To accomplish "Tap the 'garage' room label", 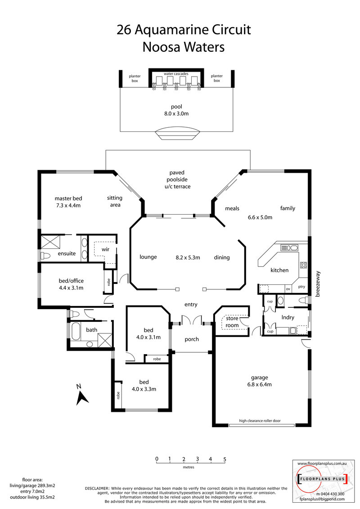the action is click(259, 378).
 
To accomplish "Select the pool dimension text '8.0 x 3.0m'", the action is click(176, 113).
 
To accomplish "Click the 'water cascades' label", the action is click(176, 74).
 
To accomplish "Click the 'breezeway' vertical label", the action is click(318, 284).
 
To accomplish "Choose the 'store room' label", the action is click(232, 322).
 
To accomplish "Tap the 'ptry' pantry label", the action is click(301, 287).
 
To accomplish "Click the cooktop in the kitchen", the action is click(303, 265).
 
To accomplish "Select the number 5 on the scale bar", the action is click(225, 459).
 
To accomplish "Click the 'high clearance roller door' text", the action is click(260, 421).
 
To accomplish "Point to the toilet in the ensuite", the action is click(45, 256).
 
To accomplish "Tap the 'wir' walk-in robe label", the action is click(105, 249).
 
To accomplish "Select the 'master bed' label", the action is click(68, 198).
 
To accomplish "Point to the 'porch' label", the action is click(192, 339).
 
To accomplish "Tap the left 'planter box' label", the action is click(135, 78).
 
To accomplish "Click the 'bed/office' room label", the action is click(71, 281).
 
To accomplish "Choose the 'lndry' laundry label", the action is click(288, 317).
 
